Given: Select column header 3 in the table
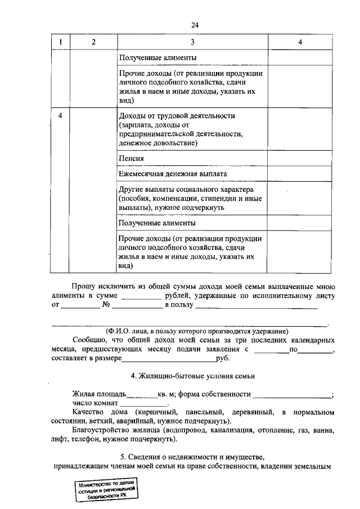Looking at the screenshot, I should click(x=193, y=42).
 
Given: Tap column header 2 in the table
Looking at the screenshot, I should click(x=93, y=42).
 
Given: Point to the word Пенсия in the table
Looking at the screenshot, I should click(x=130, y=159).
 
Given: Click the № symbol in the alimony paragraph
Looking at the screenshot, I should click(x=106, y=305).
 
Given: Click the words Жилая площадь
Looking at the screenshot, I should click(x=99, y=394).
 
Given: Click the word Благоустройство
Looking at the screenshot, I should click(x=102, y=431).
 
